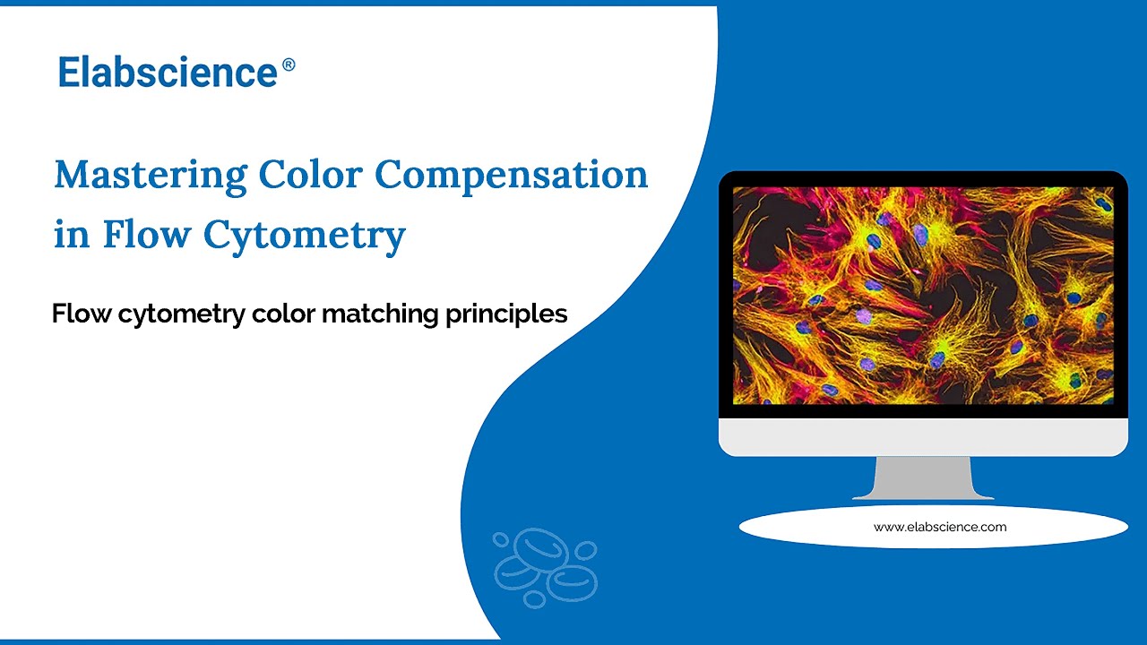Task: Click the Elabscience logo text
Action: click(168, 72)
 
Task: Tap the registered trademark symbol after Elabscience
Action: click(289, 64)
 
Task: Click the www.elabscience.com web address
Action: click(940, 527)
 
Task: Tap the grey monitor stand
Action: click(923, 477)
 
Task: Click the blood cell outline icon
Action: click(545, 567)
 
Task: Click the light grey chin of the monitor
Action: click(923, 436)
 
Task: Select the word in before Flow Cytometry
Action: click(71, 235)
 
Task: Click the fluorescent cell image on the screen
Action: click(923, 296)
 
